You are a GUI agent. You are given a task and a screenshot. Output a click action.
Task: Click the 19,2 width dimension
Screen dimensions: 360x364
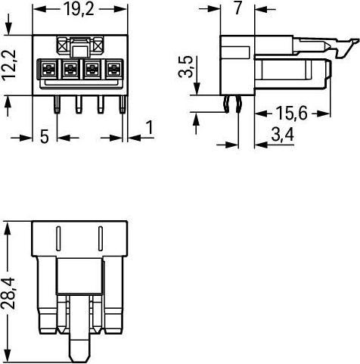tap(79, 9)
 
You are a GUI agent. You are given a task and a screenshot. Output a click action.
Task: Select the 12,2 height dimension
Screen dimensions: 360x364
tap(9, 65)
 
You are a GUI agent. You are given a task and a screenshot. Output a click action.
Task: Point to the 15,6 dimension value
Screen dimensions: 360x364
tap(292, 114)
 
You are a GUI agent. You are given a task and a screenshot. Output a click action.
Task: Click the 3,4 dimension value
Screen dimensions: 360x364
tap(282, 135)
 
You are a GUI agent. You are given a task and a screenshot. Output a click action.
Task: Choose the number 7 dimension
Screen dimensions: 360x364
tap(237, 8)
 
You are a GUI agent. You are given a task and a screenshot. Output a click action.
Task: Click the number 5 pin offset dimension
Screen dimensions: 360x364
tap(45, 137)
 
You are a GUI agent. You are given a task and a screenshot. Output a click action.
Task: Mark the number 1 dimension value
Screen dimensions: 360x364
tap(150, 127)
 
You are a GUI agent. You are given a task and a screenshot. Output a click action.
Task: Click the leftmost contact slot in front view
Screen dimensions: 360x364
tap(48, 69)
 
